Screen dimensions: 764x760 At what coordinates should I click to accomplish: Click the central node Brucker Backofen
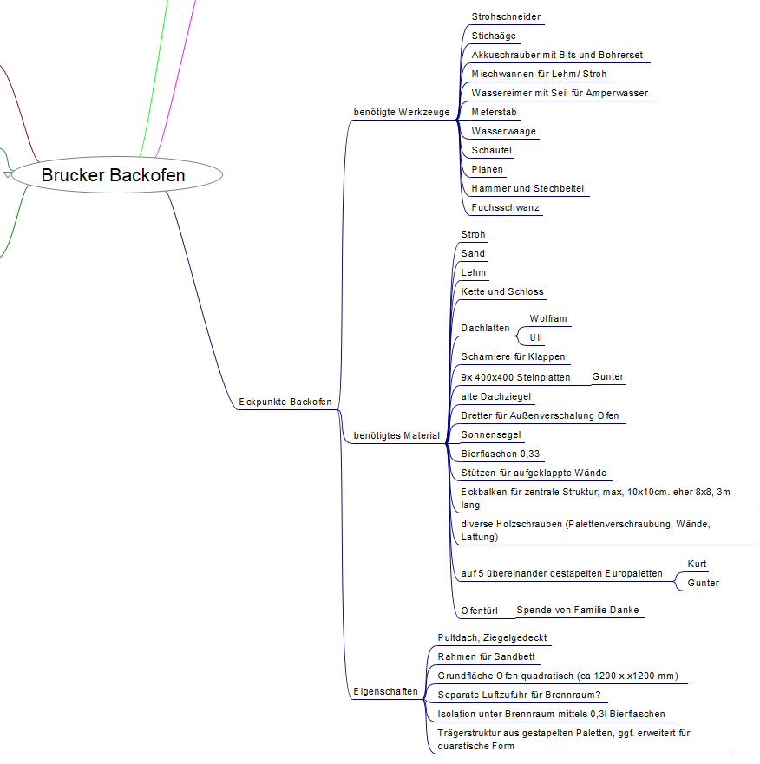pos(114,175)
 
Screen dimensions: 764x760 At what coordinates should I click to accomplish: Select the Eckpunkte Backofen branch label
pos(285,402)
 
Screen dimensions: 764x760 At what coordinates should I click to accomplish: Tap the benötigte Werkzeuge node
pos(402,113)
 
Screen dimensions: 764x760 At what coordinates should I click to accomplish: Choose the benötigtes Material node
pos(396,435)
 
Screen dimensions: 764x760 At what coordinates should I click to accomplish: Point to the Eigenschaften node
pos(385,692)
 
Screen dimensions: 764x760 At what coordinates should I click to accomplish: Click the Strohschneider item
pos(507,17)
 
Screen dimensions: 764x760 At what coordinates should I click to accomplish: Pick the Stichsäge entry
pos(494,36)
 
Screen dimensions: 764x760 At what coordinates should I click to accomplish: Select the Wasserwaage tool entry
pos(504,132)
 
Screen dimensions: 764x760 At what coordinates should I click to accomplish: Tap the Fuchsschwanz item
pos(506,208)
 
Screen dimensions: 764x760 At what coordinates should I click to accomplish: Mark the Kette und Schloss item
pos(502,292)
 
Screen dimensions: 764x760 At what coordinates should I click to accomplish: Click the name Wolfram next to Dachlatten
pos(548,319)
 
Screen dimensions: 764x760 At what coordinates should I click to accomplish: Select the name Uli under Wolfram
pos(537,336)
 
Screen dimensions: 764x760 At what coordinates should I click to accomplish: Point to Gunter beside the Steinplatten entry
pos(608,377)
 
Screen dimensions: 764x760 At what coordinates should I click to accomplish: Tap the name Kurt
pos(698,565)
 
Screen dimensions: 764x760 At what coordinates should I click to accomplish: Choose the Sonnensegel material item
pos(491,435)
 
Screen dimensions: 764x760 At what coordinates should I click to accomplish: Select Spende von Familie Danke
pos(578,611)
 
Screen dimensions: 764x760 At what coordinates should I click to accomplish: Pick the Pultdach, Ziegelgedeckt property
pos(492,638)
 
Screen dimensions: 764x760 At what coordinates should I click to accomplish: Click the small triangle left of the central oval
pos(8,175)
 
